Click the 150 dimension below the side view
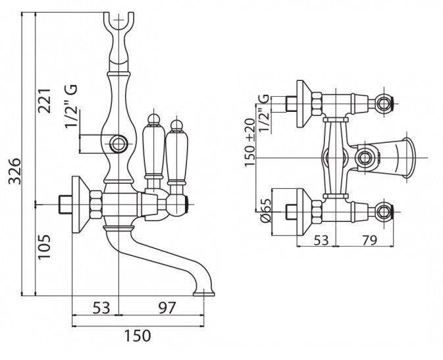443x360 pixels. pos(138,336)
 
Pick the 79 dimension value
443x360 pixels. pos(369,241)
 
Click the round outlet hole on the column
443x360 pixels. pos(119,142)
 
